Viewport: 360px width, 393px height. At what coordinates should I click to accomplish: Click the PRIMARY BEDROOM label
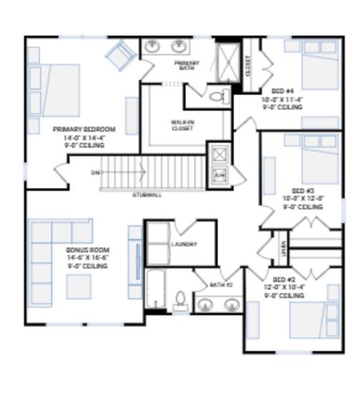(x=84, y=130)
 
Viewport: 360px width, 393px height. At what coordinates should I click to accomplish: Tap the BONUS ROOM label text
(x=87, y=250)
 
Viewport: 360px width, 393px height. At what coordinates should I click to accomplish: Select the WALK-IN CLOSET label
(x=182, y=124)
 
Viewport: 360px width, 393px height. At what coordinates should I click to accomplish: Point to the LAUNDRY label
(x=184, y=244)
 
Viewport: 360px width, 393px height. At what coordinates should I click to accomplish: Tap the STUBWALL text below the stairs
(x=146, y=195)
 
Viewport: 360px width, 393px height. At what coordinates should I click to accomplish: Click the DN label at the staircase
(x=96, y=173)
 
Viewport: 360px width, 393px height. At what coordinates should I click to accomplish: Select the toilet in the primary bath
(x=216, y=98)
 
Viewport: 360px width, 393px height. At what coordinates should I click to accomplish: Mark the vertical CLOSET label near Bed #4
(x=248, y=65)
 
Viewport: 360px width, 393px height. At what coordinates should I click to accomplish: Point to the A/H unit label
(x=218, y=174)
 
